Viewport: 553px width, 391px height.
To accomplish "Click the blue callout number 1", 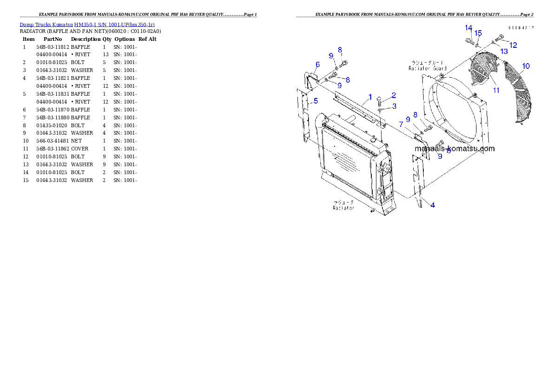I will point(370,97).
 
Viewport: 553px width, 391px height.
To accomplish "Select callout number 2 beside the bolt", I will point(394,95).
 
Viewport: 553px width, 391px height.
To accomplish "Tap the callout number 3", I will point(394,106).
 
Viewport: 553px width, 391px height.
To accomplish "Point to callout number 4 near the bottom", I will point(433,205).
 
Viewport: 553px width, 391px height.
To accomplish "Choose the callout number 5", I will point(316,101).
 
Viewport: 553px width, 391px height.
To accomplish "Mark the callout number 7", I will point(401,124).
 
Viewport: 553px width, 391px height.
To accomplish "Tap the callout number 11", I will point(496,90).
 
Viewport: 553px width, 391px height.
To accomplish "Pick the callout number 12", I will point(513,45).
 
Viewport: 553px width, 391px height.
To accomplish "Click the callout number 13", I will point(504,52).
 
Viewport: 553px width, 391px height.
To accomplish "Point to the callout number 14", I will point(468,28).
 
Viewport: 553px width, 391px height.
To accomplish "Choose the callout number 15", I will point(478,33).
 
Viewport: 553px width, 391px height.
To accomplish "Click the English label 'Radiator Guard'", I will point(428,68).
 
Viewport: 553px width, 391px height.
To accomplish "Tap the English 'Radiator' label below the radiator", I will point(343,208).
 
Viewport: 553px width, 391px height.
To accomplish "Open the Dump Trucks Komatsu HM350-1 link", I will point(87,24).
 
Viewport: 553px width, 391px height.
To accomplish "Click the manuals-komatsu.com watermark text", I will point(454,149).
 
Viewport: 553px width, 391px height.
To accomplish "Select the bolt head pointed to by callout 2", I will point(379,99).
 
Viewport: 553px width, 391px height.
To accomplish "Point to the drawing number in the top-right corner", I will point(520,28).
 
